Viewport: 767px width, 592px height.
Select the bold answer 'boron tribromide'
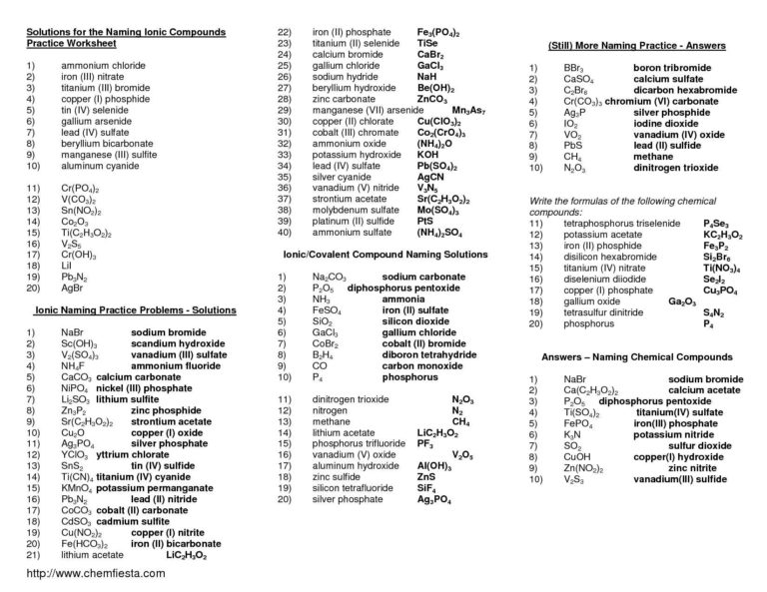[644, 66]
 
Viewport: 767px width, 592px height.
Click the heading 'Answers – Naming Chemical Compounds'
[637, 356]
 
